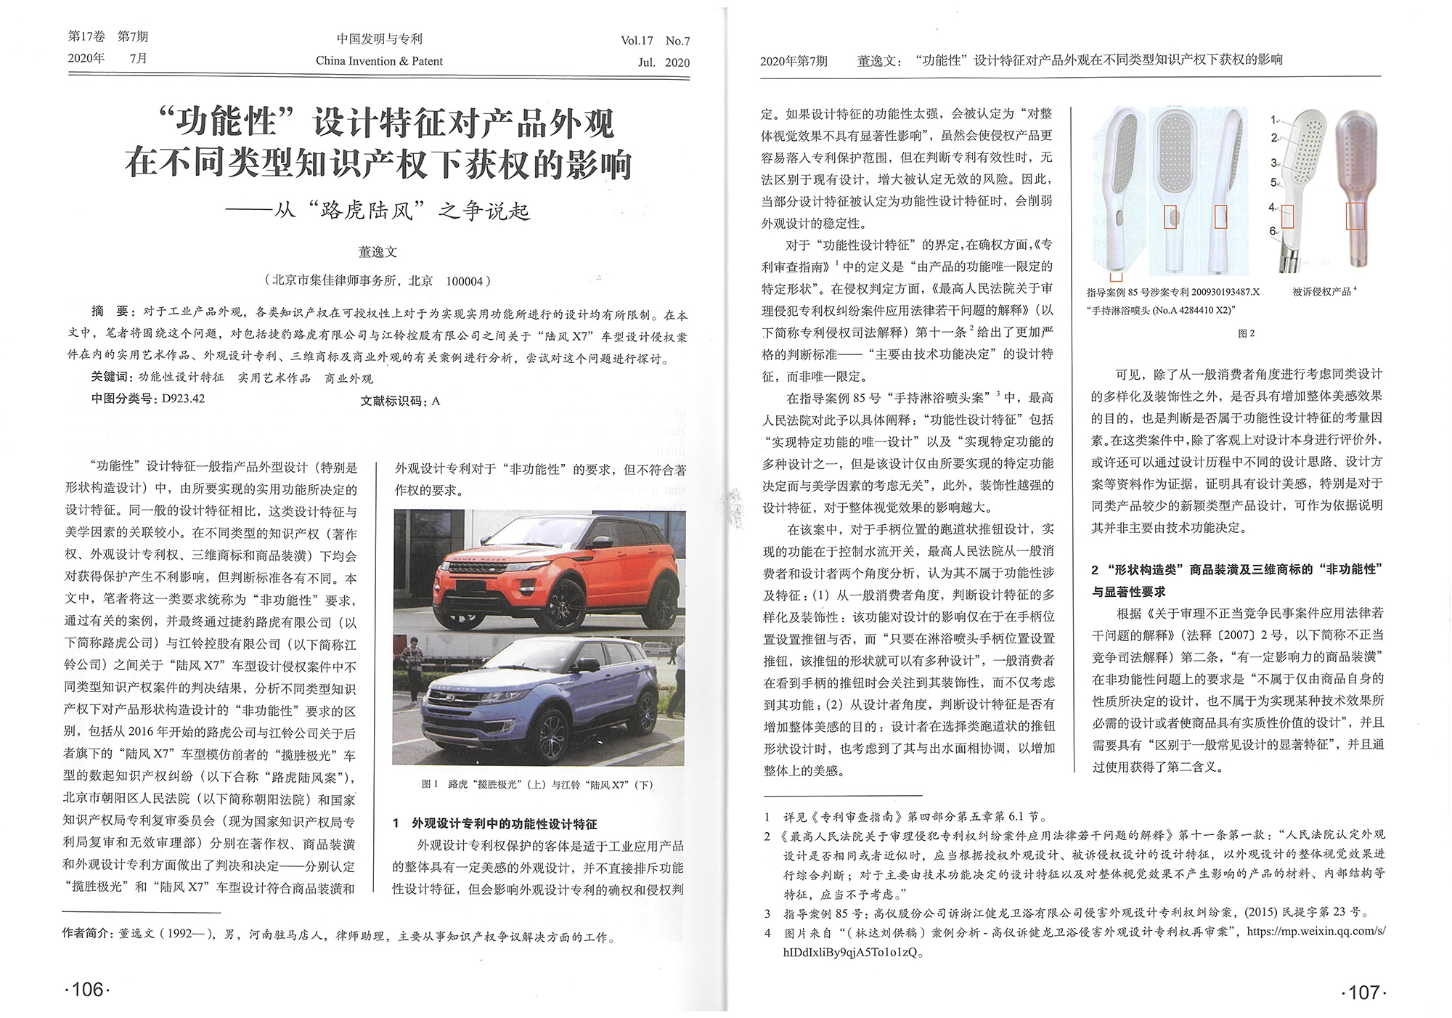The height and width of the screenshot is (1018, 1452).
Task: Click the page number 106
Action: coord(87,989)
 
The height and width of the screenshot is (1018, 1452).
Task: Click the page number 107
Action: coord(1363,992)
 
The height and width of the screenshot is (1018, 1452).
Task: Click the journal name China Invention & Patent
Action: coord(379,61)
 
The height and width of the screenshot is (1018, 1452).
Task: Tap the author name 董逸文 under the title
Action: coord(378,252)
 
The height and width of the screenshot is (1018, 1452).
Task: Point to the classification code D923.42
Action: coord(183,399)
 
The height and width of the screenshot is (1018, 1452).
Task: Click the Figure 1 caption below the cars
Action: coord(537,784)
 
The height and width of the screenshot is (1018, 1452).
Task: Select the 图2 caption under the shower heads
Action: coord(1246,333)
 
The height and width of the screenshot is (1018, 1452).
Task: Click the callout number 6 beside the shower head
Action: coord(1273,231)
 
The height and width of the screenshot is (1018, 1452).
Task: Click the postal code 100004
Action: coord(465,281)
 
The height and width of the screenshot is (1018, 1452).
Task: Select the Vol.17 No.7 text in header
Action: coord(655,41)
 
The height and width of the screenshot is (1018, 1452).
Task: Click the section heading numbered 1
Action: coord(495,823)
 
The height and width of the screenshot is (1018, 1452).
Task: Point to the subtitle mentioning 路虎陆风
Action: coord(378,211)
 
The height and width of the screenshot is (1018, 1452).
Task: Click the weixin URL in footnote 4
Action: coord(1316,931)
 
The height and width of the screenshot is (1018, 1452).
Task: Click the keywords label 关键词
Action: coord(111,377)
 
